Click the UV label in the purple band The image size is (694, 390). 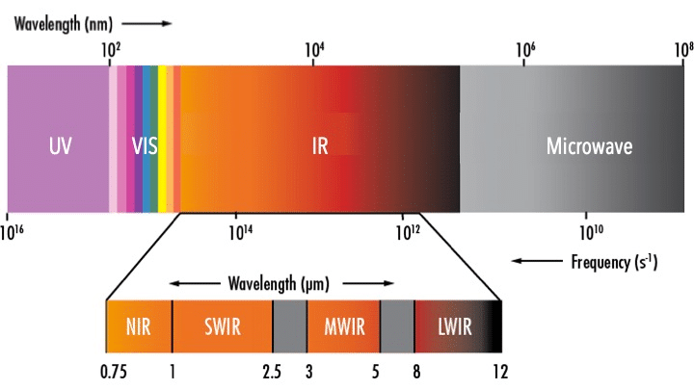[x=60, y=146]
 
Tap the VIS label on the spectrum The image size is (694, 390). [x=145, y=146]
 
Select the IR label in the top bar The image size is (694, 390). [x=320, y=146]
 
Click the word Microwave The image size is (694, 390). [x=589, y=146]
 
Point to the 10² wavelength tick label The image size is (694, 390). [x=111, y=50]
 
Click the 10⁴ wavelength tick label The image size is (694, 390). [x=314, y=50]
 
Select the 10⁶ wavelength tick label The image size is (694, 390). [x=525, y=50]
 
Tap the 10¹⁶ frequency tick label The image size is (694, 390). [x=12, y=232]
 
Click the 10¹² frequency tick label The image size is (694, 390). [x=408, y=232]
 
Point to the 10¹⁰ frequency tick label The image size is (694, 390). [x=591, y=232]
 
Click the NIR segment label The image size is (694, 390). [x=139, y=327]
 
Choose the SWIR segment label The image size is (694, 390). [x=223, y=327]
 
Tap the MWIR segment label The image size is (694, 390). [x=344, y=327]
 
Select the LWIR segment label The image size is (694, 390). [x=455, y=327]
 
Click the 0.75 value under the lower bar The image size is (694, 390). [x=114, y=372]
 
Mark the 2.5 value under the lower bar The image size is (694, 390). [x=272, y=372]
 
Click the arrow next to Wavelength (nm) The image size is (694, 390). [x=147, y=23]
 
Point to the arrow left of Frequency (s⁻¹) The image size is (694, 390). [x=537, y=261]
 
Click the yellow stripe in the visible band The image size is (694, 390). [x=162, y=139]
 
